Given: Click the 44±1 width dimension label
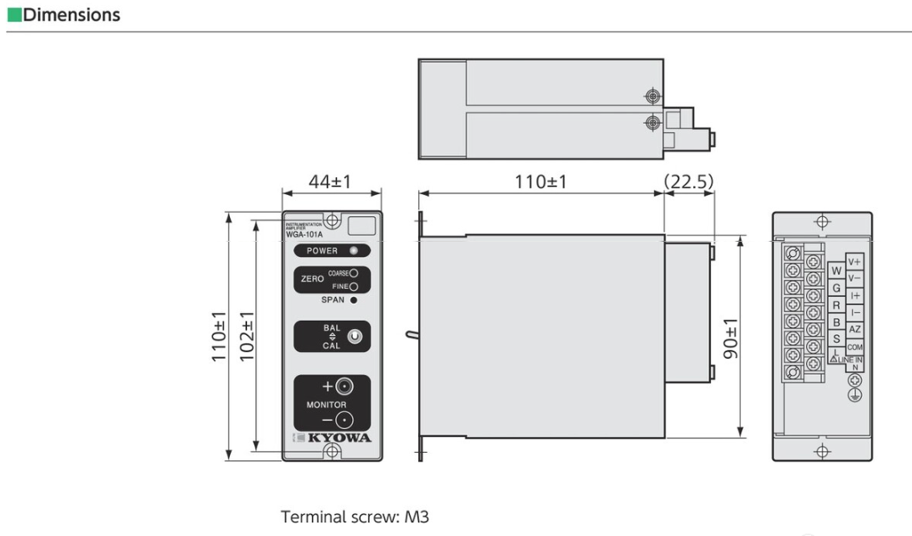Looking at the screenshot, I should coord(331,182).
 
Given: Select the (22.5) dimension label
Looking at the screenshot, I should coord(689,182).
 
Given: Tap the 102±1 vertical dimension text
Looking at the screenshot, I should coord(248,338).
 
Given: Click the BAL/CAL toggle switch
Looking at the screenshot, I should coord(355,337).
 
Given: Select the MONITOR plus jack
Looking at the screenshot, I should coord(344,388).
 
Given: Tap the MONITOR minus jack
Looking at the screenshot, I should coord(344,420).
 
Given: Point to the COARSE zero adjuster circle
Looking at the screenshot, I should coord(353,273).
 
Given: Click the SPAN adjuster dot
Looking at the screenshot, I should coord(353,300).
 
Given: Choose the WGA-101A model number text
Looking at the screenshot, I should coord(303,235).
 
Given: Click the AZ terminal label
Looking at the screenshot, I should coord(854,329).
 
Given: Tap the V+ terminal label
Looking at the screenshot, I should coord(854,261).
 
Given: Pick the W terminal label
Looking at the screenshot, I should coord(836,271).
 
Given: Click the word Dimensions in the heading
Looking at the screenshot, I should coord(71,15).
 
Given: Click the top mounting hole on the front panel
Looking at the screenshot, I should coord(333,221).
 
